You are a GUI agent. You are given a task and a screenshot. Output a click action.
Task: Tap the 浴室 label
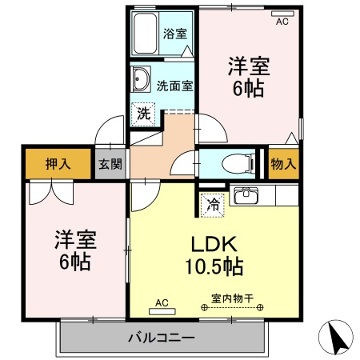pyautogui.click(x=174, y=34)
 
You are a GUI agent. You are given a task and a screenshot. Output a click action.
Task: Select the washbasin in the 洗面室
pyautogui.click(x=142, y=78)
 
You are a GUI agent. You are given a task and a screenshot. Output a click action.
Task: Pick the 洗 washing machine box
pyautogui.click(x=142, y=114)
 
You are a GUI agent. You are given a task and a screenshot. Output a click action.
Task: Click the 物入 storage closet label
pyautogui.click(x=283, y=164)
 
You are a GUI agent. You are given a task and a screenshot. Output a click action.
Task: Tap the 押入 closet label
pyautogui.click(x=57, y=165)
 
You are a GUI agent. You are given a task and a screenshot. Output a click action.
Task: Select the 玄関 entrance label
pyautogui.click(x=110, y=165)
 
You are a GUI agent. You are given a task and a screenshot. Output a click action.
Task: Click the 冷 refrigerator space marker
pyautogui.click(x=213, y=203)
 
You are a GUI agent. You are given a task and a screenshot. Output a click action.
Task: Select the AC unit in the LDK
pyautogui.click(x=162, y=306)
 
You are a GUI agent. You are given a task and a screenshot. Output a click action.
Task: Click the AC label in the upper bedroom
pyautogui.click(x=282, y=22)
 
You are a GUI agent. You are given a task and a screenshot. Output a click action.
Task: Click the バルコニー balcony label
pyautogui.click(x=160, y=337)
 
